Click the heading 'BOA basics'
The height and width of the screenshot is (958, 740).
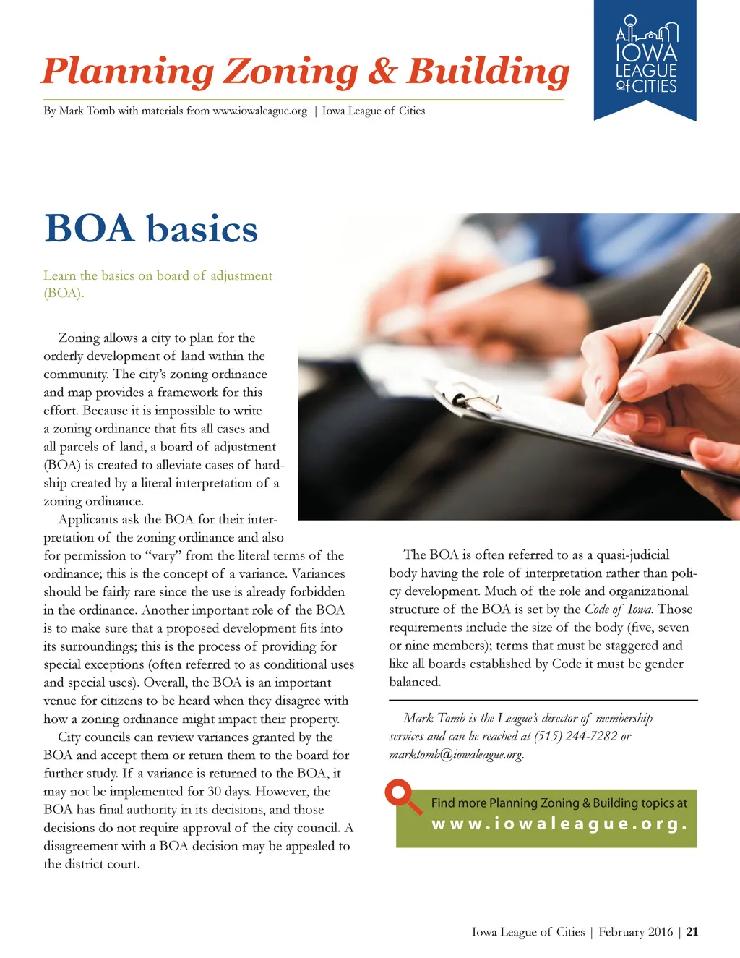150,228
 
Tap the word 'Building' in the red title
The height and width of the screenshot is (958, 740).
488,72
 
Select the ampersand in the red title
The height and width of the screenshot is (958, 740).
382,72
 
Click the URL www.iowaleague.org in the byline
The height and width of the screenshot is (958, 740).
259,111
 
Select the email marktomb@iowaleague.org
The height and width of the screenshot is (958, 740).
456,754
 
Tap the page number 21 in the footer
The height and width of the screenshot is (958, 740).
692,931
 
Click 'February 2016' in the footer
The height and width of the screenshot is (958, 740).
635,931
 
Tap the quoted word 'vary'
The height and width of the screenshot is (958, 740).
163,555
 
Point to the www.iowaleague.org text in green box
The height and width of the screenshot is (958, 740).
559,824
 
